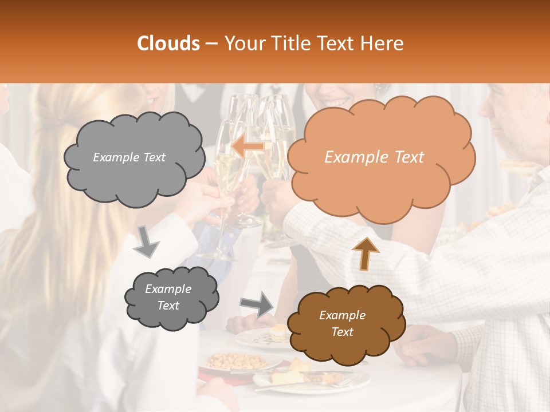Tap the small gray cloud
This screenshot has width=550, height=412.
[x=171, y=298]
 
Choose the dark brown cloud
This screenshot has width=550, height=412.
[x=346, y=324]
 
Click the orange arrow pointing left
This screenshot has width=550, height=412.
[x=248, y=146]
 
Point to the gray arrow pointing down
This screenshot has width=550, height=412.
[x=147, y=241]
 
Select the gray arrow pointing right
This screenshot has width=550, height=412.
[x=257, y=303]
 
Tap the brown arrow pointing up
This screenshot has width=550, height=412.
[x=366, y=253]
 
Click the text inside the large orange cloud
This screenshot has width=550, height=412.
[x=374, y=157]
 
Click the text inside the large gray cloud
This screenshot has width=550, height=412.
[x=129, y=157]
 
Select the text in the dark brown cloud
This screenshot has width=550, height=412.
[x=342, y=323]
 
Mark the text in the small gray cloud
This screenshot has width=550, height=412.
[x=168, y=297]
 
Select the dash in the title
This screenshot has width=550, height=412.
[x=211, y=43]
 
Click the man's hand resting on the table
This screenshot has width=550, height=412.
[x=424, y=346]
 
